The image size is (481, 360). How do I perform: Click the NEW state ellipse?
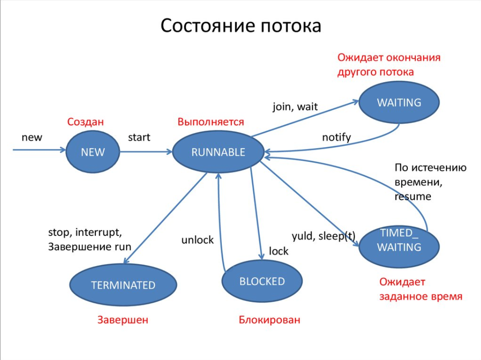coord(93,152)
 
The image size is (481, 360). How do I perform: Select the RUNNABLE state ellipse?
coord(218,152)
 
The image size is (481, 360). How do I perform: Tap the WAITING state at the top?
coord(399,102)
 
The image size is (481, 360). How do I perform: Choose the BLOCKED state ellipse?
coord(262,281)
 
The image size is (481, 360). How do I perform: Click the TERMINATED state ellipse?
coord(123,285)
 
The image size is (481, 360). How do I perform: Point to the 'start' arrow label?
coord(139,137)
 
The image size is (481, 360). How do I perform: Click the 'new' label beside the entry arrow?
coord(32,137)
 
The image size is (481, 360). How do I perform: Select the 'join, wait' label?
coord(295,107)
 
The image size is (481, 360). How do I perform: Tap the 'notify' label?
coord(336,137)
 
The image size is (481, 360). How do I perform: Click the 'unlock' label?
coord(197,240)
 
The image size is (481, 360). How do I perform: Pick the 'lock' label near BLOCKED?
coord(279,251)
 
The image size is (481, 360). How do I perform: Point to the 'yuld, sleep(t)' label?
coord(323,236)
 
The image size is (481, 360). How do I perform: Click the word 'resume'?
coord(413,196)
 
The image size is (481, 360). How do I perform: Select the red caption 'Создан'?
coord(85,122)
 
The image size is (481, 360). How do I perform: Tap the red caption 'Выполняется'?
coord(211,122)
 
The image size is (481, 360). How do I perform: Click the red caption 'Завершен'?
coord(123,320)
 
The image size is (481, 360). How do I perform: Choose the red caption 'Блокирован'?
coord(269,320)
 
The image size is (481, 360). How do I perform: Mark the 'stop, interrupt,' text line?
coord(85,232)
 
